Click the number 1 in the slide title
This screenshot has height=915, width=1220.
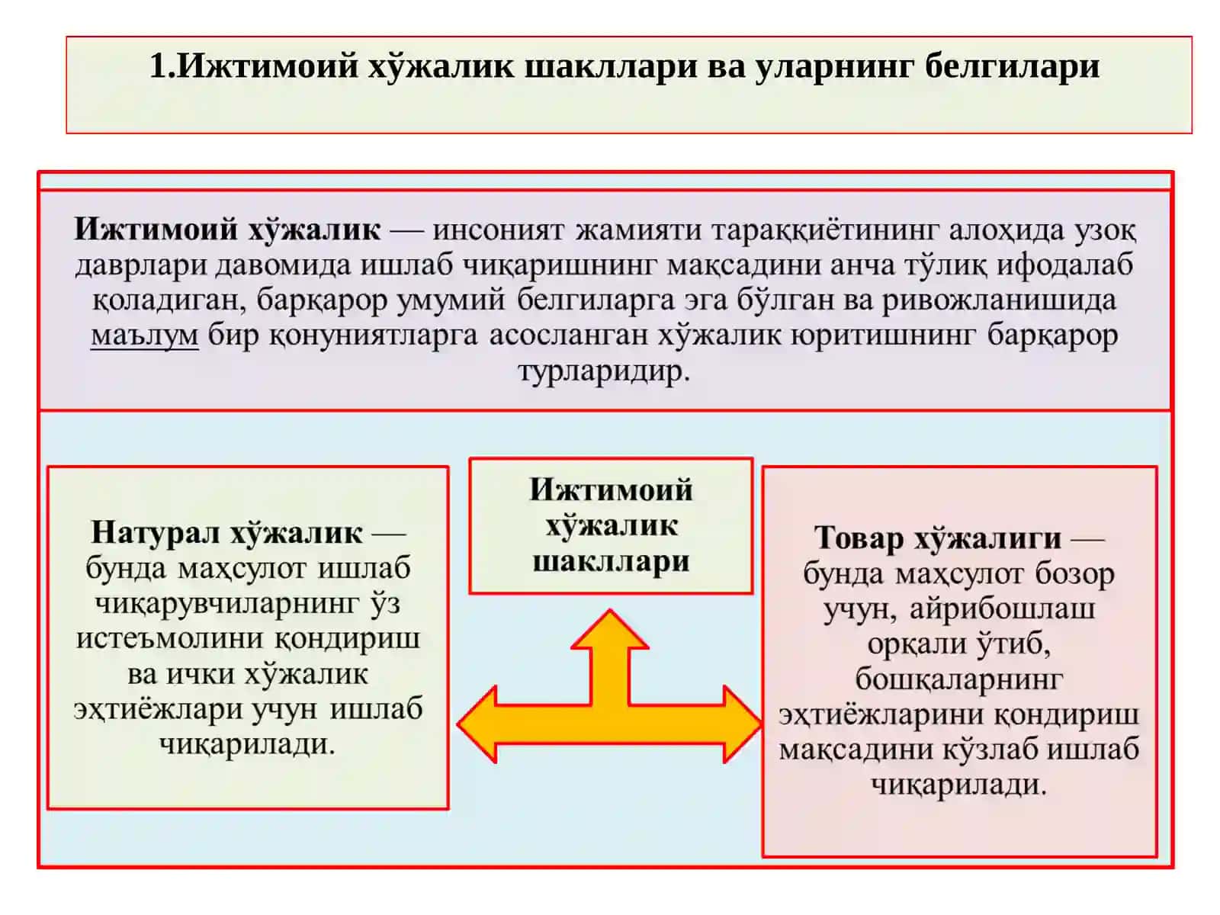[x=158, y=66]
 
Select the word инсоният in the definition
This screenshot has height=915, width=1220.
[x=498, y=230]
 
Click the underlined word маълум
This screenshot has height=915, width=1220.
[x=145, y=335]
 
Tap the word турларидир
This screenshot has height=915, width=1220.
[x=604, y=371]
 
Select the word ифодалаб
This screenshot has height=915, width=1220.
[x=1064, y=265]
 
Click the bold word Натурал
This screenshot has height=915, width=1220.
[x=156, y=532]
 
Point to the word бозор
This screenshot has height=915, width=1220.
[x=1074, y=573]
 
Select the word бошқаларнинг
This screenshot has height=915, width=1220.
[x=958, y=679]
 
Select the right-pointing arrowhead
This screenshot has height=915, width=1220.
[x=743, y=724]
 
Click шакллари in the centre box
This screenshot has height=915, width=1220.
[x=611, y=561]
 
